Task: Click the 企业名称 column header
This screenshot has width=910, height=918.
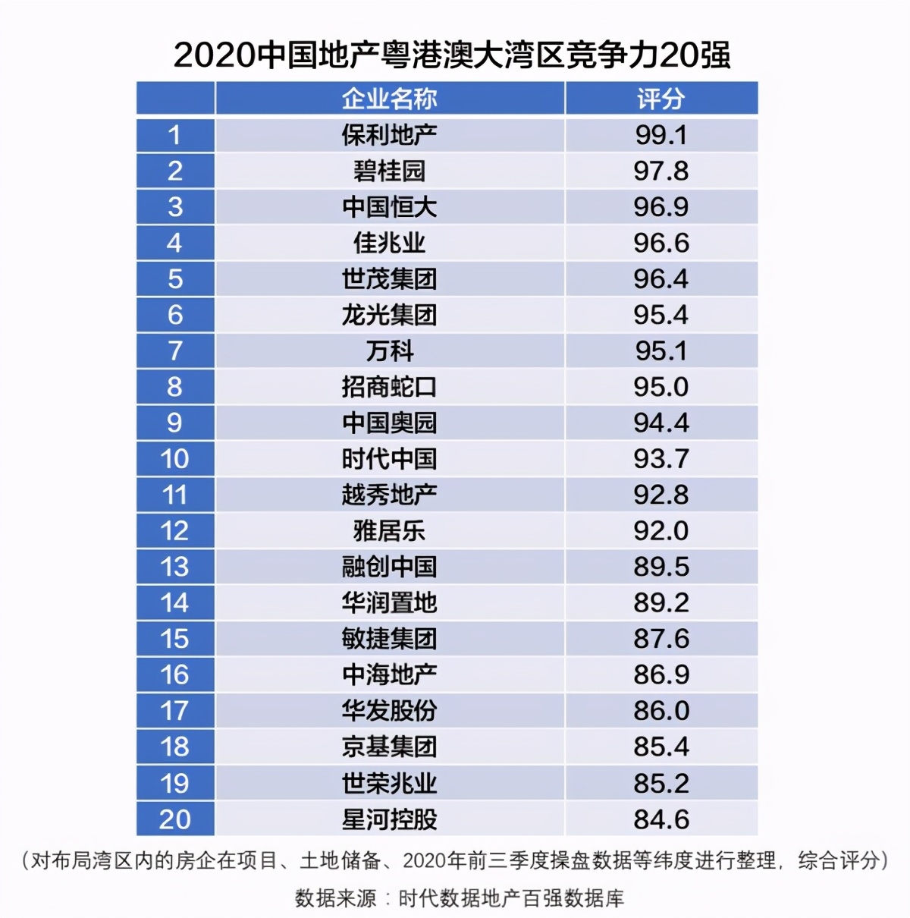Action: tap(389, 99)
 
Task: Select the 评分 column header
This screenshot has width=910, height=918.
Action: tap(661, 99)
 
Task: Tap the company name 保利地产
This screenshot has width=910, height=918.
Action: tap(389, 135)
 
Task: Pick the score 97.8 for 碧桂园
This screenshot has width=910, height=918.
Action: tap(661, 171)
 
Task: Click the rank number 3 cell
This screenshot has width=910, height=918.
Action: tap(175, 207)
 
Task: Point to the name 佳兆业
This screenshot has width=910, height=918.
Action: tap(389, 243)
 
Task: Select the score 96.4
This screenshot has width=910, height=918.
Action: tap(661, 279)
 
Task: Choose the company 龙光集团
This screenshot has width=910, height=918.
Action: tap(389, 315)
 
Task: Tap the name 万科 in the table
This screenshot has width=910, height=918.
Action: tap(389, 351)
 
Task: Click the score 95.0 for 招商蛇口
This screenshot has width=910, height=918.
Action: tap(661, 387)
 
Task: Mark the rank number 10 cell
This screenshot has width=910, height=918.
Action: tap(175, 459)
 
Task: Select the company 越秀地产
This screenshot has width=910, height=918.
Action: tap(389, 495)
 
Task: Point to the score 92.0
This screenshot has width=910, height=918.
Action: tap(661, 531)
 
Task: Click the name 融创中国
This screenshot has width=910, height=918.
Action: tap(389, 567)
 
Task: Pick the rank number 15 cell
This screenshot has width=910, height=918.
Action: tap(175, 639)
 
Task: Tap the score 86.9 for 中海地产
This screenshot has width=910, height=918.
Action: tap(661, 674)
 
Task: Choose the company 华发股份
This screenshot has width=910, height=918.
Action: tap(389, 711)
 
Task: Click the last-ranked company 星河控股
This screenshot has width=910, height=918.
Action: tap(389, 819)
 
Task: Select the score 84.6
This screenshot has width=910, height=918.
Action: tap(661, 819)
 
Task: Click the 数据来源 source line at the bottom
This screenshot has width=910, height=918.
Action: tap(460, 898)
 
